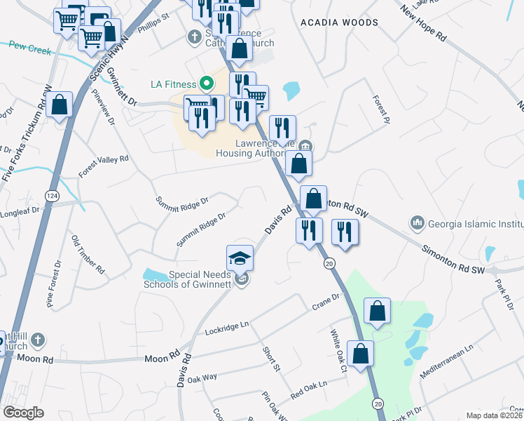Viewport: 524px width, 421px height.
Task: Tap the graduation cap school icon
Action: pos(240,258)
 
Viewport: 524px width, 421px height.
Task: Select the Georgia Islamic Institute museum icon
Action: pos(418,223)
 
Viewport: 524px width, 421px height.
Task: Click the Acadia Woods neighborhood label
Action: pos(339,22)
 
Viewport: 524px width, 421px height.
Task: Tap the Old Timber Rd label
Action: pos(88,254)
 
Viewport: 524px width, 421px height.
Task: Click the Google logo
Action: pos(23,413)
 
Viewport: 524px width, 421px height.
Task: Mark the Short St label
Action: pos(271,359)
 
